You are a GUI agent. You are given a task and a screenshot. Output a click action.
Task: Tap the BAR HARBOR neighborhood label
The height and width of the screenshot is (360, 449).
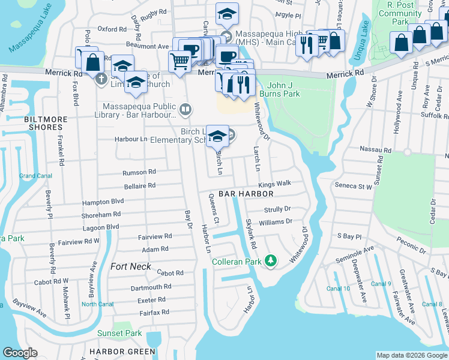(x=246, y=194)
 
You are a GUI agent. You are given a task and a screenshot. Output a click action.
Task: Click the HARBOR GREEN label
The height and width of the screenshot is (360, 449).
(x=122, y=352)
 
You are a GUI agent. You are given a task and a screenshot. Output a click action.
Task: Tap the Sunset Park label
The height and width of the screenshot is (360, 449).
(x=119, y=334)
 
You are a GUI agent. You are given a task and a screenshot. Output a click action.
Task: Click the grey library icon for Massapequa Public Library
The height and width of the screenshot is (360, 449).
(x=186, y=109)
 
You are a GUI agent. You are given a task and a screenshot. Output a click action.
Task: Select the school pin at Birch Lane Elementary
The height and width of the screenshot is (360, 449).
(x=217, y=136)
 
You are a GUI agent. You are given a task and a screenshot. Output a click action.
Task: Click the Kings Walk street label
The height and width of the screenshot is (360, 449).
(x=275, y=183)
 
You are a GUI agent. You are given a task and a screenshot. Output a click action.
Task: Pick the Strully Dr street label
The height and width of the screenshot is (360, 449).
(x=277, y=209)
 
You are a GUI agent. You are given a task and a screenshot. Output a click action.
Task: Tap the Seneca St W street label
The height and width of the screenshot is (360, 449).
(x=354, y=187)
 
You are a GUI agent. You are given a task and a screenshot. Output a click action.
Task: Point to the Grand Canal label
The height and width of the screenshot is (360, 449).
(x=35, y=176)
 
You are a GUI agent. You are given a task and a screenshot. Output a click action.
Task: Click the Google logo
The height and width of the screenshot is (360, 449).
(x=20, y=353)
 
